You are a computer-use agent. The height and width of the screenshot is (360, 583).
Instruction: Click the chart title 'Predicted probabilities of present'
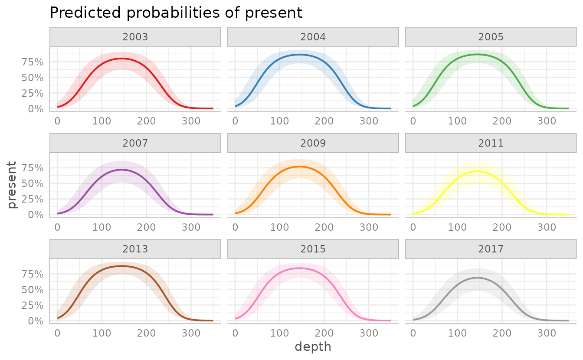click(176, 13)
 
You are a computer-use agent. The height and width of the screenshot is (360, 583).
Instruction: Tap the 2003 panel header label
click(135, 37)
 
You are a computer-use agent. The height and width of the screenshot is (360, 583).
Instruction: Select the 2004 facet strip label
click(313, 37)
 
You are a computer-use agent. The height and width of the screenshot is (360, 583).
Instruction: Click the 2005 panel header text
click(491, 37)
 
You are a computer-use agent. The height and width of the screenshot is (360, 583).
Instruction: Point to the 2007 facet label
click(135, 143)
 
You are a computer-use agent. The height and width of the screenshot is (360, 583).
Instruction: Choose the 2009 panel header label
click(313, 143)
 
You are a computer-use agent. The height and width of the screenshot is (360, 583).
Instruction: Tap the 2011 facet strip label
click(491, 143)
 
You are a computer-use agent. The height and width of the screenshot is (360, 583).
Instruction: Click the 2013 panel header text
click(135, 249)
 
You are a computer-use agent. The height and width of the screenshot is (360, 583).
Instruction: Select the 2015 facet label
click(313, 249)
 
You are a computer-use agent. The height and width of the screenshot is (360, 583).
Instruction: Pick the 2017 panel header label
click(491, 249)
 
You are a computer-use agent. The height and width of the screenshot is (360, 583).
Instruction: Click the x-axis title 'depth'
click(313, 347)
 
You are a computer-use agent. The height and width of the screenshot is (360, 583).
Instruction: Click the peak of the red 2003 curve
click(122, 58)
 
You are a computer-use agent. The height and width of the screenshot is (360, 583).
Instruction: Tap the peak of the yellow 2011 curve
click(477, 171)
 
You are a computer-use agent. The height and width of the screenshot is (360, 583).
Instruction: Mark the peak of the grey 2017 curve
click(477, 277)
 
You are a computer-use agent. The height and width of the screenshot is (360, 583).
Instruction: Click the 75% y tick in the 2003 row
click(33, 62)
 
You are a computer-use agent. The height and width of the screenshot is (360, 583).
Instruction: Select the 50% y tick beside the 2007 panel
click(33, 183)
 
